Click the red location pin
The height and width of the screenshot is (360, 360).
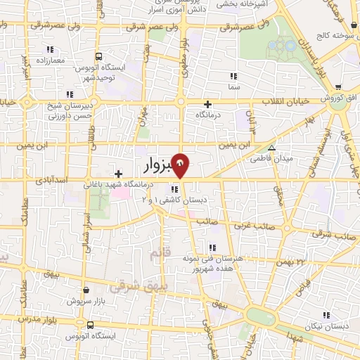tap(181, 165)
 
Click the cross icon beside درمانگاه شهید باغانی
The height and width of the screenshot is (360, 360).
tap(118, 174)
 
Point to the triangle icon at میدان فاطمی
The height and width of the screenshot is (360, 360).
tap(272, 148)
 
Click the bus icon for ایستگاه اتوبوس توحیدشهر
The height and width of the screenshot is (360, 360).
tap(98, 56)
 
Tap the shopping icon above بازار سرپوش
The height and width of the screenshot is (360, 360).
tap(86, 290)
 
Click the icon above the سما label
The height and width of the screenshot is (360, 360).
tap(233, 75)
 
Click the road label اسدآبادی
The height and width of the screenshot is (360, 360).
tap(51, 181)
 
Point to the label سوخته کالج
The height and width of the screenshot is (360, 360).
tap(333, 34)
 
